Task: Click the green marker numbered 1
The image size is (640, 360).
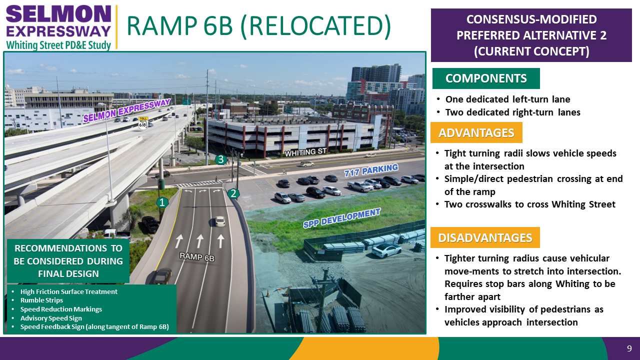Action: (162, 202)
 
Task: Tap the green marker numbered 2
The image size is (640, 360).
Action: (233, 193)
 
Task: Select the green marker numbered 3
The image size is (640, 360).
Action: (221, 159)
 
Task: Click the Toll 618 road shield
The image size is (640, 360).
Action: (143, 123)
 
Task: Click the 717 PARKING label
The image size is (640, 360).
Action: (371, 170)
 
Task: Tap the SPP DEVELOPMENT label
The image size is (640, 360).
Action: (341, 218)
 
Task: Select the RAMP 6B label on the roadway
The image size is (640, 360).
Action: (197, 257)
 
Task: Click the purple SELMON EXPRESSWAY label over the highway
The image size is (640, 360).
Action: (127, 110)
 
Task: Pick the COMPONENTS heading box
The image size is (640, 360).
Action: (486, 78)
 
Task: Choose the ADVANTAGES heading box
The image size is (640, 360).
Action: (476, 132)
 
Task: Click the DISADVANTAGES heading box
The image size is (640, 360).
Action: (485, 237)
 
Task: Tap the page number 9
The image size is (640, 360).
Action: (629, 348)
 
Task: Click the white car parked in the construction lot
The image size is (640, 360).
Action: (386, 250)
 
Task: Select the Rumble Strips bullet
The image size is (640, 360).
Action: (41, 300)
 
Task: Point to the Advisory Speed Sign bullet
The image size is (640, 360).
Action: (51, 318)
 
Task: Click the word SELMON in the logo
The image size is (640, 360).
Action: (58, 14)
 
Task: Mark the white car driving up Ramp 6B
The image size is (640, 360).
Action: (220, 221)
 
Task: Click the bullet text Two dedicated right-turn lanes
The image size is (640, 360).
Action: (513, 112)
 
